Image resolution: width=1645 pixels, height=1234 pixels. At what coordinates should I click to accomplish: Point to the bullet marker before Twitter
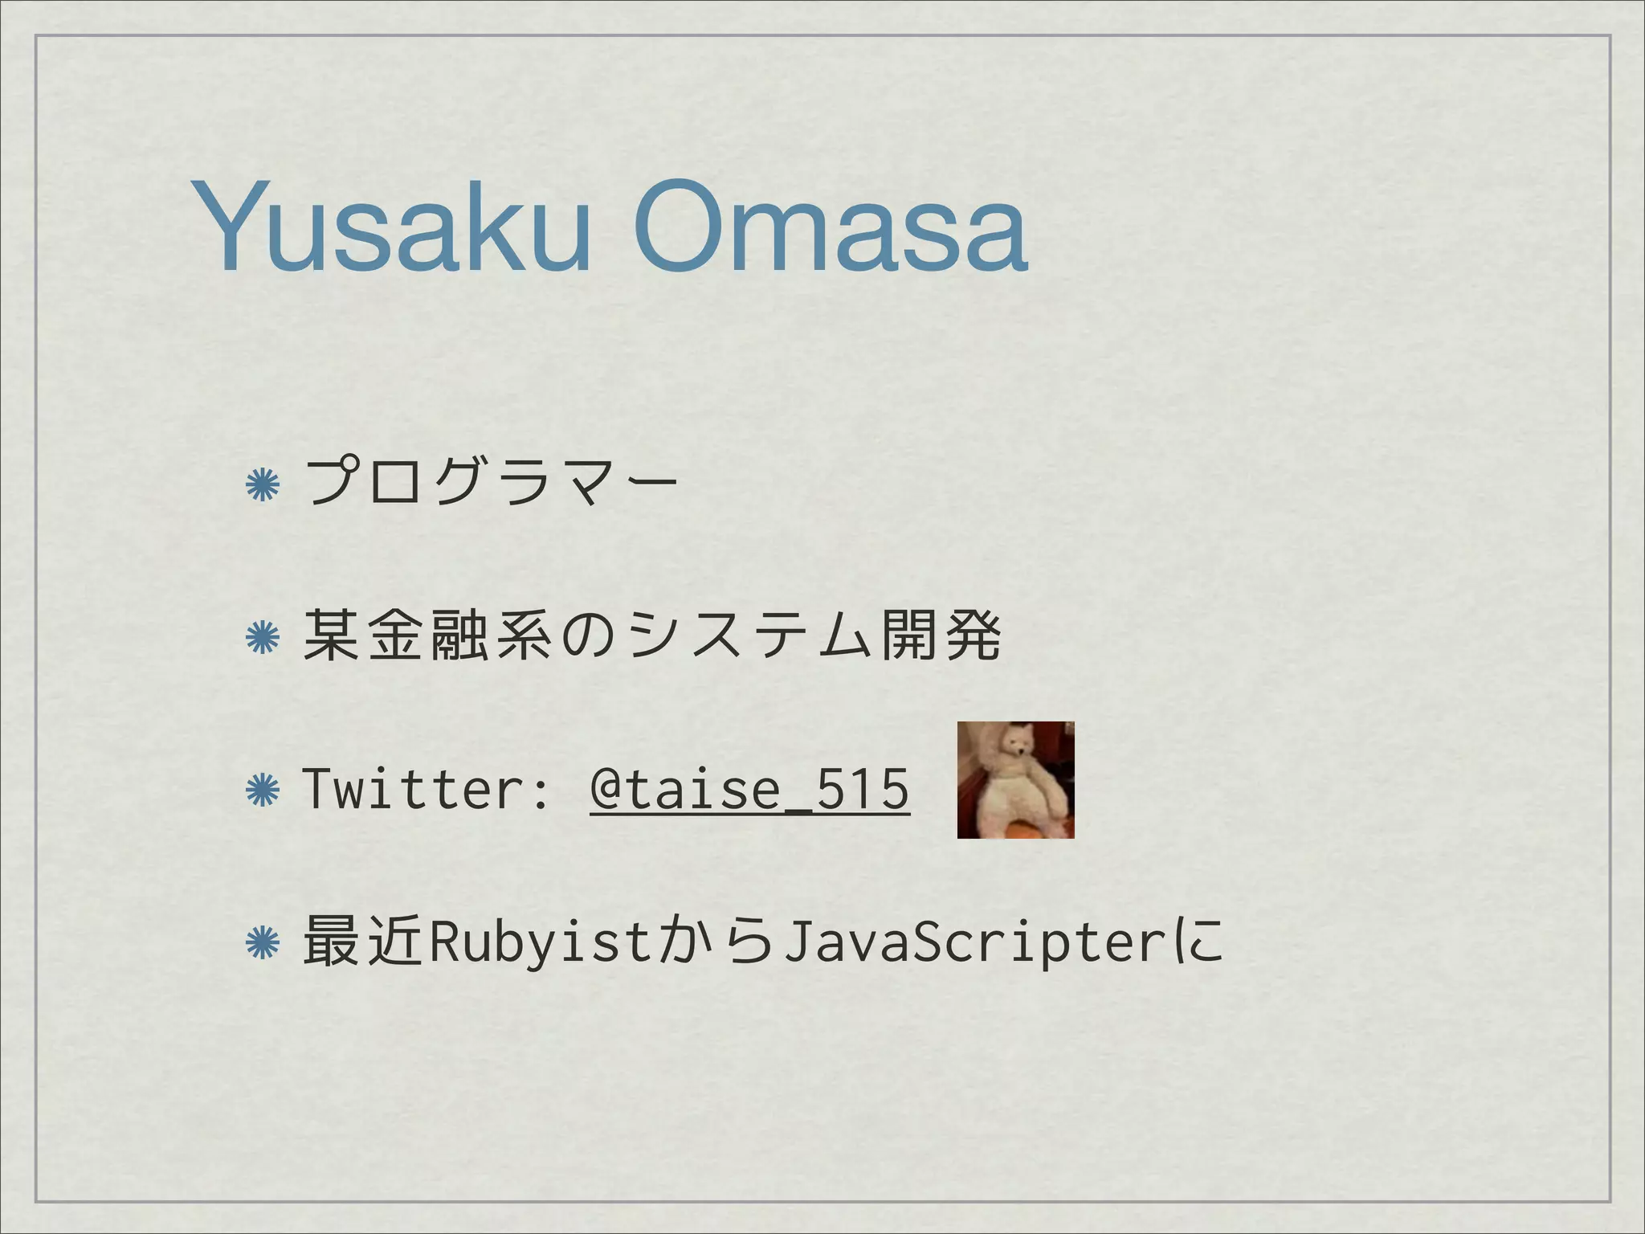point(262,791)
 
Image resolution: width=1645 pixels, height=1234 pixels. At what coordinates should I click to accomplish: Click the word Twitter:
point(427,790)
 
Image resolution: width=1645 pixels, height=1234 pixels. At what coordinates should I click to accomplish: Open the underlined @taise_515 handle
point(749,790)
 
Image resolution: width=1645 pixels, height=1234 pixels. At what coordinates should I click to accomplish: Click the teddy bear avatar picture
point(1015,780)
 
